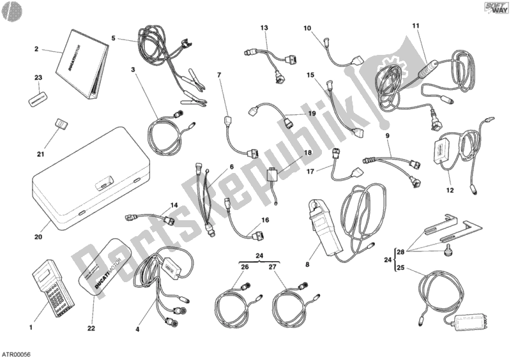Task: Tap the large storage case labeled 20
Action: coord(93,178)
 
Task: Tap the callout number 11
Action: coord(416,26)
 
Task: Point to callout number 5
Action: coord(114,38)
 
